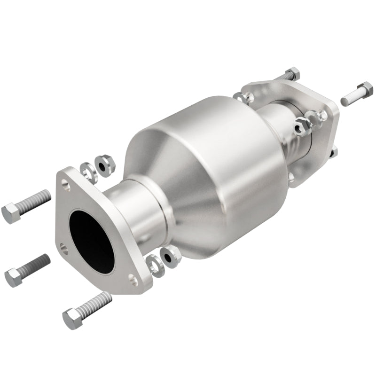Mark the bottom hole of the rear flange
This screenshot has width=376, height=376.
tap(292, 177)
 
